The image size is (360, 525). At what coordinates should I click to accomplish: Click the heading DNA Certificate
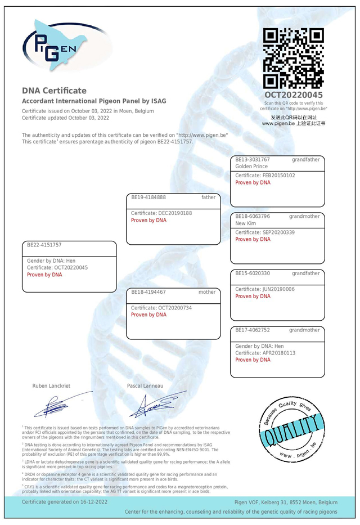tap(54, 90)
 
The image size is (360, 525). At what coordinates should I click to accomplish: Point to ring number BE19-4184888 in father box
tap(148, 198)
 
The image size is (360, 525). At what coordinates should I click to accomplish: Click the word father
tap(208, 198)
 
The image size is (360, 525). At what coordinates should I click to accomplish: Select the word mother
tap(207, 293)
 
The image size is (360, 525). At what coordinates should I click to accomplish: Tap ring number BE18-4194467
tap(148, 293)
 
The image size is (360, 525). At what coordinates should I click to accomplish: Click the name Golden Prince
tap(253, 167)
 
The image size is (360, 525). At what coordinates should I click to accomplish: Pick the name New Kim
tap(246, 223)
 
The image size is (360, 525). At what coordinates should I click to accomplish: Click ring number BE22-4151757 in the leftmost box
tap(44, 245)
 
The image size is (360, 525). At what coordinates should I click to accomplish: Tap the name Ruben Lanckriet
tap(51, 386)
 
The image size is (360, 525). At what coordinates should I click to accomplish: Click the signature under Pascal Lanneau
tap(160, 403)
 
